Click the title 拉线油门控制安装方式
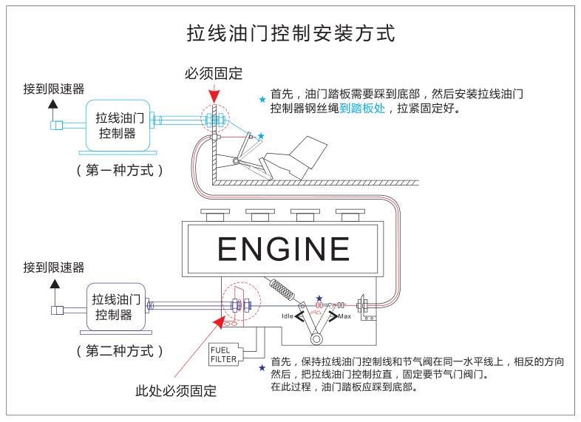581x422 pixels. tap(290, 34)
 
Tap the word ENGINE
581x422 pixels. tap(284, 249)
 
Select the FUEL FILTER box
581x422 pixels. tap(223, 354)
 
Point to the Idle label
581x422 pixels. tap(288, 316)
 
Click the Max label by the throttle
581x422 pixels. tap(344, 316)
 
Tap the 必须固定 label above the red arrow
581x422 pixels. tap(214, 73)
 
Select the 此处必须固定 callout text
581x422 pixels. tap(176, 391)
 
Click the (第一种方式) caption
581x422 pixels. tap(119, 169)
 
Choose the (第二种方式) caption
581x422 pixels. tap(119, 350)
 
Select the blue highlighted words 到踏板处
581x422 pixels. tap(362, 108)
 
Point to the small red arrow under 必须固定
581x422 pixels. tap(214, 95)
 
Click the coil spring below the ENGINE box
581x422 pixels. tap(282, 289)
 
